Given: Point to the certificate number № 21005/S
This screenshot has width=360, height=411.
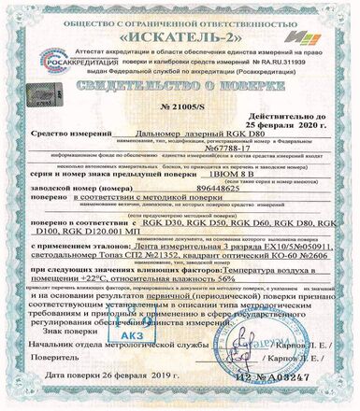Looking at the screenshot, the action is tap(179, 111).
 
